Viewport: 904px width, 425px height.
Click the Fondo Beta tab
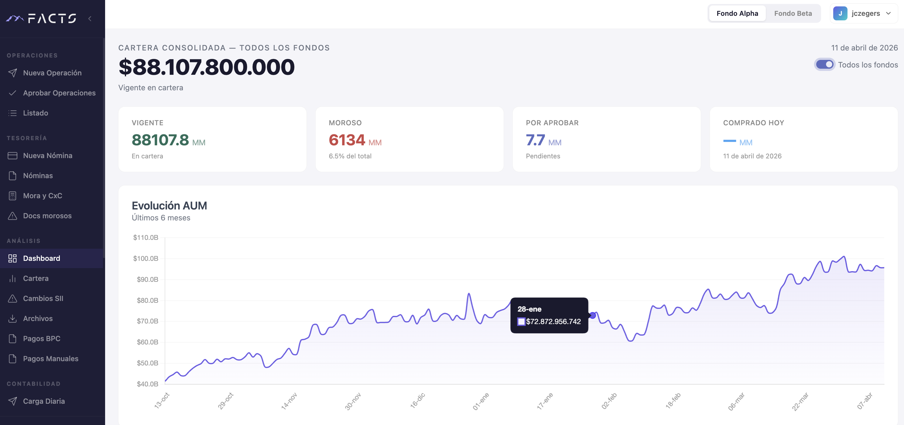tap(793, 13)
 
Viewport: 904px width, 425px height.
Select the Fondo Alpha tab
tap(737, 13)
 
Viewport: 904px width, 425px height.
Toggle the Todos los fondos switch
tap(824, 65)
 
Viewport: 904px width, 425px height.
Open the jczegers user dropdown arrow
tap(888, 13)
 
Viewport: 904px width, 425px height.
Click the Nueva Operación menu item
tap(52, 73)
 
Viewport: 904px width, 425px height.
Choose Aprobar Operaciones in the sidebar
tap(59, 93)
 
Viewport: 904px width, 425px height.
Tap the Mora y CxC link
tap(43, 196)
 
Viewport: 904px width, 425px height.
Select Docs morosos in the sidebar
tap(47, 216)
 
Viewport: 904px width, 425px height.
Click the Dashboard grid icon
tap(13, 258)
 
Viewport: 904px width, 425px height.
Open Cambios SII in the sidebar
tap(43, 298)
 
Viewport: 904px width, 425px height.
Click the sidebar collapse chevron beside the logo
tap(90, 19)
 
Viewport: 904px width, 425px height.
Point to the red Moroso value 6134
tap(347, 140)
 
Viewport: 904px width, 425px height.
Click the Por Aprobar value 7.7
tap(535, 140)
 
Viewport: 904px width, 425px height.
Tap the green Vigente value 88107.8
tap(160, 140)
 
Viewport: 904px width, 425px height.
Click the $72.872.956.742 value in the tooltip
tap(553, 321)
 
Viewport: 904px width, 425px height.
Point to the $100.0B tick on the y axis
tap(146, 258)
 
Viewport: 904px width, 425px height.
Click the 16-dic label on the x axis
tap(417, 400)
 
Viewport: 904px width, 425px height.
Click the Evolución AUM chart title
tap(169, 206)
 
